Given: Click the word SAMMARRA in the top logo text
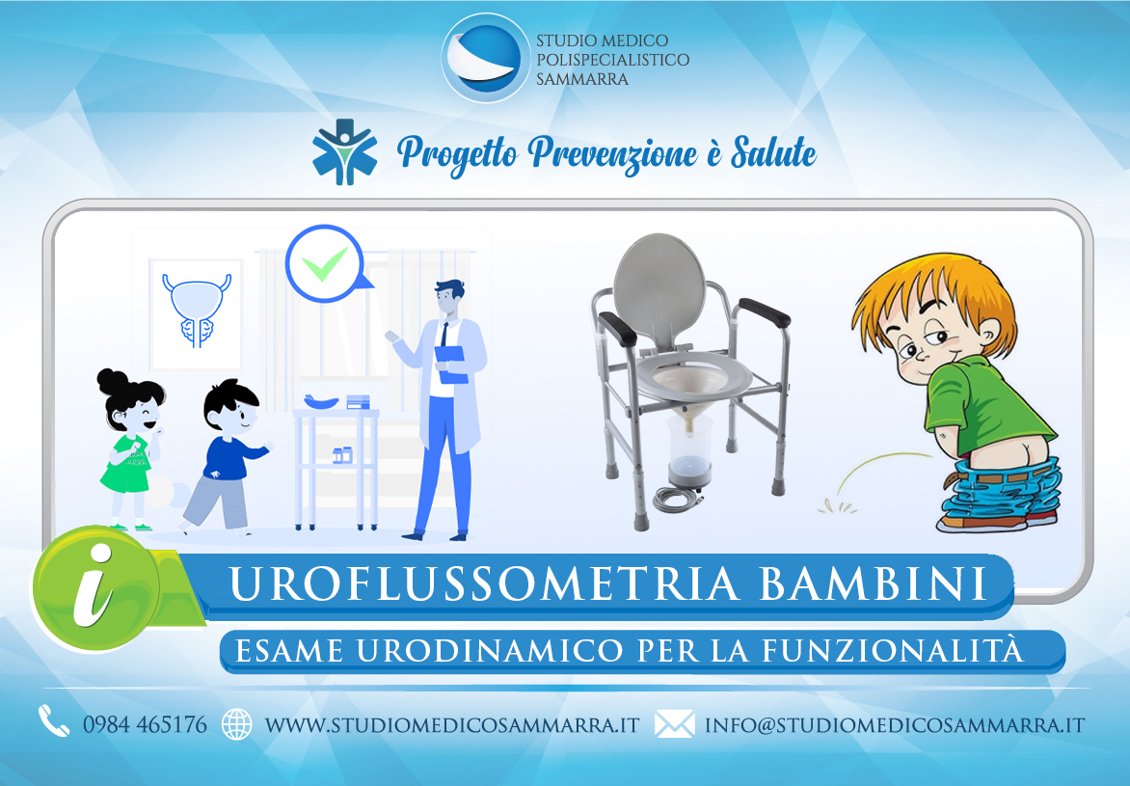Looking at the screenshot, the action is pyautogui.click(x=582, y=79).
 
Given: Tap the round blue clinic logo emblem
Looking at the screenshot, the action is pyautogui.click(x=485, y=58).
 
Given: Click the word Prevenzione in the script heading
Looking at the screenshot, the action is pyautogui.click(x=612, y=153).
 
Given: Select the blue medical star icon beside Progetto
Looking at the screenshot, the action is pyautogui.click(x=344, y=152).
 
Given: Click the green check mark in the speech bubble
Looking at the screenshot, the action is pyautogui.click(x=324, y=264).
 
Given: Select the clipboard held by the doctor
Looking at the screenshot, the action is pyautogui.click(x=452, y=365).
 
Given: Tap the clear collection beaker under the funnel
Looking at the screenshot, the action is pyautogui.click(x=689, y=450).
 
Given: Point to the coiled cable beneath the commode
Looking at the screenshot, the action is pyautogui.click(x=677, y=499).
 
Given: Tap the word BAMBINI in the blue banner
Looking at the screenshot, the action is pyautogui.click(x=873, y=583).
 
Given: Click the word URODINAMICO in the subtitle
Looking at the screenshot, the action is pyautogui.click(x=490, y=651).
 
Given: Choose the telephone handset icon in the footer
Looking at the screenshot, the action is pyautogui.click(x=53, y=720).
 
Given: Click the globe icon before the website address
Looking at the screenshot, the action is pyautogui.click(x=237, y=724).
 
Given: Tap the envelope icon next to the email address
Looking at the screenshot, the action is pyautogui.click(x=675, y=724).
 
